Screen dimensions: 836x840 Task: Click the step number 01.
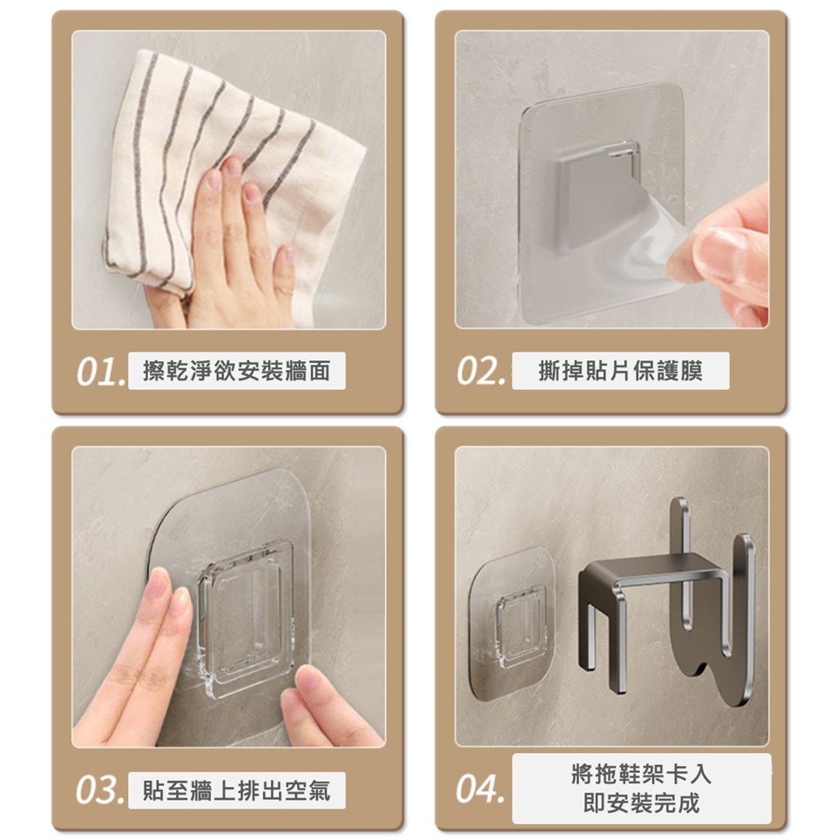tap(101, 371)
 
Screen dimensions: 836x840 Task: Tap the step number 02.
tap(481, 371)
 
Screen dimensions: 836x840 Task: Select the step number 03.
tap(100, 790)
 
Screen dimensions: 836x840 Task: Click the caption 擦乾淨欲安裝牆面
tap(236, 371)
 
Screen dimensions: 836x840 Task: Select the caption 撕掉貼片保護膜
tap(620, 371)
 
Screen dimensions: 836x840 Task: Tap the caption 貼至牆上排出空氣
tap(236, 790)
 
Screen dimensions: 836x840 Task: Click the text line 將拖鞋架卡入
tap(641, 774)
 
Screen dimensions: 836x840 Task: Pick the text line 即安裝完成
tap(641, 803)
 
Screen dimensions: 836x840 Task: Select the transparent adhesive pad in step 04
tap(512, 622)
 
